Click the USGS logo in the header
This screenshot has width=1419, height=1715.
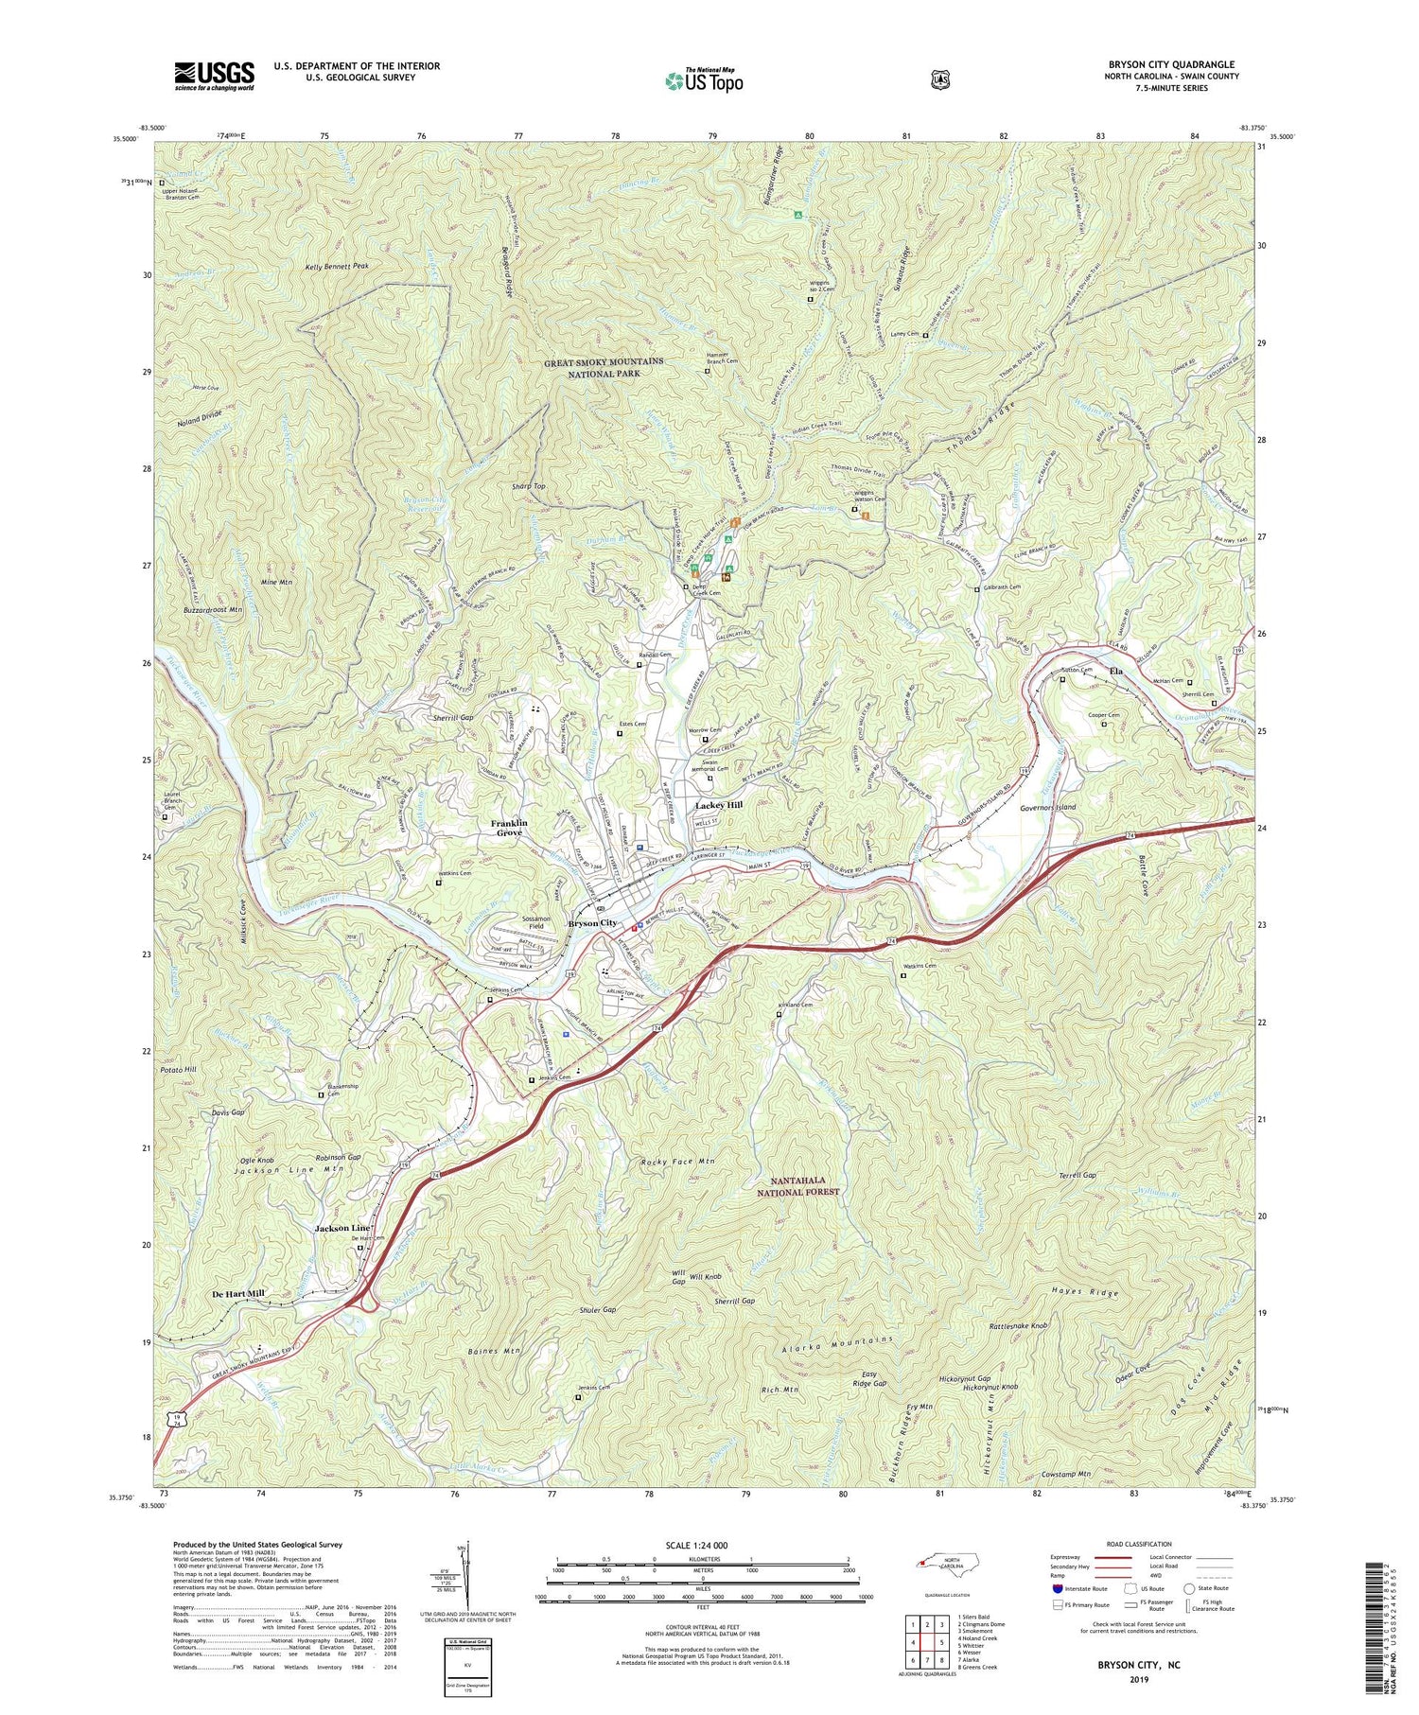coord(214,75)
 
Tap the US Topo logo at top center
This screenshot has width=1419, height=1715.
coord(704,80)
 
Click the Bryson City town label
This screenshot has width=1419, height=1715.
coord(592,922)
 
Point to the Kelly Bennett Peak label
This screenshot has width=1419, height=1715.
coord(336,267)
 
